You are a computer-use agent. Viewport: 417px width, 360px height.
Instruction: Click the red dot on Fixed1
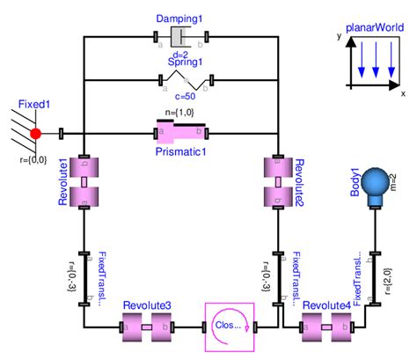click(36, 134)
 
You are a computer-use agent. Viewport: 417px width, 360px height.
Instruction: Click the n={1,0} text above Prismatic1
click(180, 114)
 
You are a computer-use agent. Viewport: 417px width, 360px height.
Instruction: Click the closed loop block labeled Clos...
click(229, 327)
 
